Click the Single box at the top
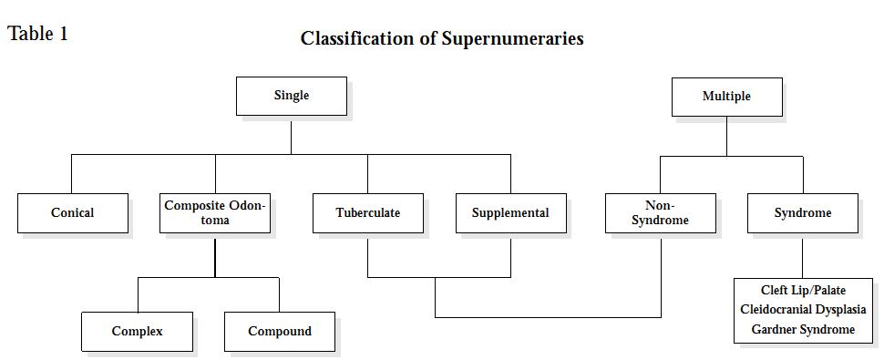292,96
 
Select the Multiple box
726,97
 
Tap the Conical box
72,213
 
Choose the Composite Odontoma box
215,213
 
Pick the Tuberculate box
367,213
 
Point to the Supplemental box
510,213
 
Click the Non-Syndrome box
660,213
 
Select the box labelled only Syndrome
803,213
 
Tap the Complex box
137,332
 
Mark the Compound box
280,332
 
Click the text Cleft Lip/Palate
803,291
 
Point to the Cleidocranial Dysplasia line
803,310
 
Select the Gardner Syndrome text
803,329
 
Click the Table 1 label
38,35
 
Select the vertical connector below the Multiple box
726,136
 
